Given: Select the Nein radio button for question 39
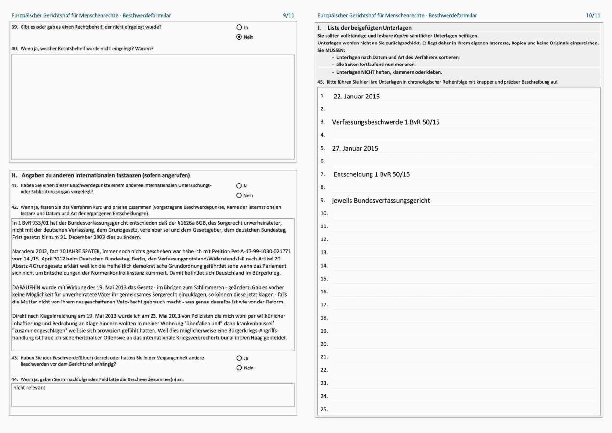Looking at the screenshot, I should click(x=239, y=37).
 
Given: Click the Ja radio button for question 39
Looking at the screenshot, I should click(x=239, y=28).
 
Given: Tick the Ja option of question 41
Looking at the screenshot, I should click(x=239, y=186).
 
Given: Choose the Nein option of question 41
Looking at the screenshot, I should click(x=239, y=195).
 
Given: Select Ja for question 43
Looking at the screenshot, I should click(x=239, y=358).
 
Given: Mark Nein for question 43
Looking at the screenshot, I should click(x=239, y=368).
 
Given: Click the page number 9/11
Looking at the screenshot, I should click(x=288, y=16).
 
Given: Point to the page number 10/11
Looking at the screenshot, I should click(x=593, y=16).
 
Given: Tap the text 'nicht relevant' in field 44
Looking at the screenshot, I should click(x=29, y=388).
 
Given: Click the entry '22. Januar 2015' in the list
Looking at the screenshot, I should click(x=356, y=97).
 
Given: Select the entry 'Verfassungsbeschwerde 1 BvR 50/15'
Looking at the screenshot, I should click(x=386, y=122).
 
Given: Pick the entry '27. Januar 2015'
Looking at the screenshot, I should click(x=355, y=148).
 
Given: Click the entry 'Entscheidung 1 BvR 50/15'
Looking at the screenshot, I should click(x=372, y=174).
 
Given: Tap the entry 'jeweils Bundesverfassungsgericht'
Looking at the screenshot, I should click(x=381, y=201).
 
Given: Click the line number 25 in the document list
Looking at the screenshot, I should click(x=324, y=409).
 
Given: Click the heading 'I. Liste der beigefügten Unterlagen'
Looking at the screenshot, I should click(x=364, y=28).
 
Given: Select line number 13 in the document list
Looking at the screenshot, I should click(x=324, y=252).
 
